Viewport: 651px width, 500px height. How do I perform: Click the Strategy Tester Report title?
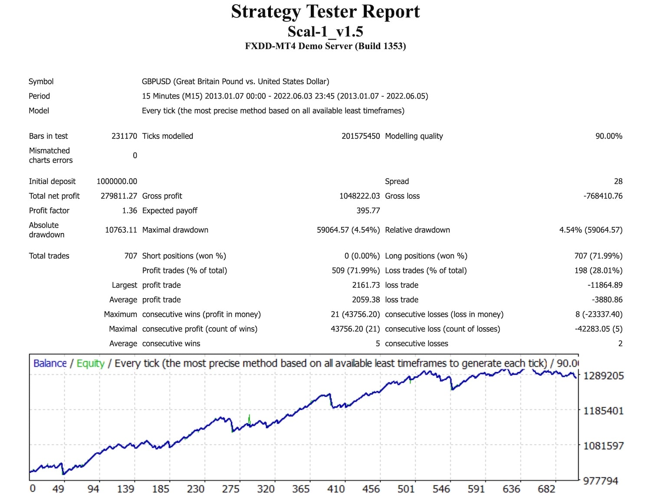(x=325, y=12)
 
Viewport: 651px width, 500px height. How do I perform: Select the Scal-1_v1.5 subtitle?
(x=325, y=32)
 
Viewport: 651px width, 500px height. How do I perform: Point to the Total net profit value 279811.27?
(x=118, y=196)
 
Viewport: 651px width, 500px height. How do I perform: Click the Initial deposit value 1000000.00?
(x=117, y=181)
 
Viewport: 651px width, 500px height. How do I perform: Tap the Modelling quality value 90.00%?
(x=608, y=136)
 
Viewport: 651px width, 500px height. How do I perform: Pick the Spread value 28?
(x=618, y=181)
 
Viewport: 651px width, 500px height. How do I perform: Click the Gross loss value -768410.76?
(x=603, y=196)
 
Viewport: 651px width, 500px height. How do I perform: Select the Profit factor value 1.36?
(x=129, y=211)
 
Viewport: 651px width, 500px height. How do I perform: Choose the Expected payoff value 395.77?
(x=368, y=211)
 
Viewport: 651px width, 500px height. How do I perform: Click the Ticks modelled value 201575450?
(x=360, y=136)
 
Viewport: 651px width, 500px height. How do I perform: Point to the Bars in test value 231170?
(x=124, y=136)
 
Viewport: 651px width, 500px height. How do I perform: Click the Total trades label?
(x=49, y=256)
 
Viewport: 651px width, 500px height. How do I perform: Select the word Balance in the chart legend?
(x=50, y=363)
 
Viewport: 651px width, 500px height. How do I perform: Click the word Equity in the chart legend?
(x=90, y=363)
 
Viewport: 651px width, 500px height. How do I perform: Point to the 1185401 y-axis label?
(x=603, y=411)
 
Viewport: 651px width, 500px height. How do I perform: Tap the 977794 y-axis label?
(x=601, y=481)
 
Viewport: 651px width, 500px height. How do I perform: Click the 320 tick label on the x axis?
(x=266, y=489)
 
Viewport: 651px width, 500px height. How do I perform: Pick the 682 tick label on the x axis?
(x=546, y=489)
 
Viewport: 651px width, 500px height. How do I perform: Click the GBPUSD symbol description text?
(x=235, y=82)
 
